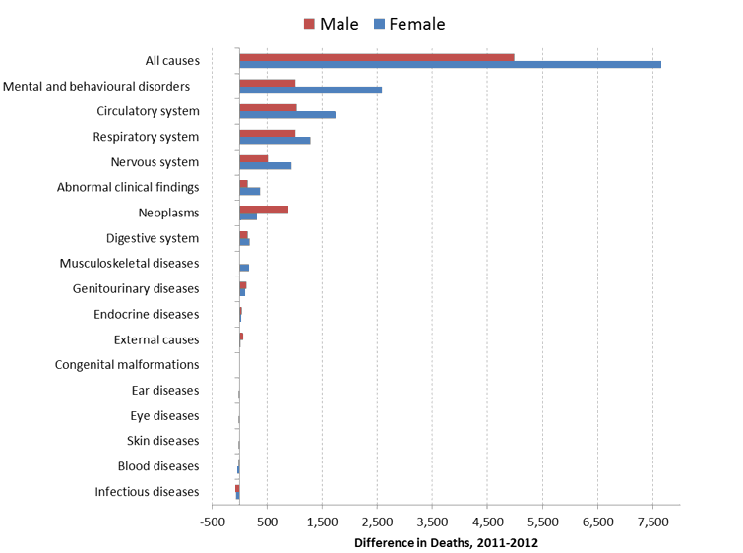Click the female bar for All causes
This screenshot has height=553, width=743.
pos(450,65)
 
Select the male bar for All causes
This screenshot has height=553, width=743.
pos(376,57)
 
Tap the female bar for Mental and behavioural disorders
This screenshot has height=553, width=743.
pos(310,90)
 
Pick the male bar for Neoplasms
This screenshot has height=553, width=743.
pos(264,209)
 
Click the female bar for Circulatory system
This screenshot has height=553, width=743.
pos(287,115)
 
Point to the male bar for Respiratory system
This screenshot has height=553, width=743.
pos(267,133)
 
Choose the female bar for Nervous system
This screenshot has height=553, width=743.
pos(265,165)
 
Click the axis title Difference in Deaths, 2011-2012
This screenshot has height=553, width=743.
pos(446,542)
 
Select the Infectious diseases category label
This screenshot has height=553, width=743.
pos(147,492)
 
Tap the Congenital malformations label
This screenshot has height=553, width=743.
pos(127,365)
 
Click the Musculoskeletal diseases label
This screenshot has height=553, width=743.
pos(129,264)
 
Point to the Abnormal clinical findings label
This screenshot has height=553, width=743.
pos(128,187)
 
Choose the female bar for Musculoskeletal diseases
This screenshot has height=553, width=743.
pos(244,268)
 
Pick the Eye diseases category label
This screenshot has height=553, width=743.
pos(164,416)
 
